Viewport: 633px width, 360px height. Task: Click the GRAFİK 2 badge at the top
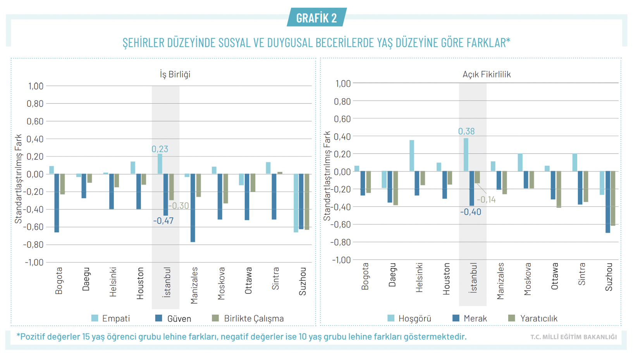[x=316, y=18]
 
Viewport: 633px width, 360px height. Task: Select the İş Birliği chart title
[x=175, y=74]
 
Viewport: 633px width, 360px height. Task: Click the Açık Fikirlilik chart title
[x=487, y=74]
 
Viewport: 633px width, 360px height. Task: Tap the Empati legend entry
[x=111, y=319]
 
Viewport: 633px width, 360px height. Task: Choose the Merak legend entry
[x=470, y=319]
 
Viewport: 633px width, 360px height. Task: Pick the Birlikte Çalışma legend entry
[x=248, y=319]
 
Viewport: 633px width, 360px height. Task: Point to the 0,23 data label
[x=160, y=149]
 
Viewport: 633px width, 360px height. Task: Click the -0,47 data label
[x=163, y=221]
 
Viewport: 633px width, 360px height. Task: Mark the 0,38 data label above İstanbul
[x=466, y=131]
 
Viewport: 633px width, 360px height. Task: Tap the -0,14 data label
[x=486, y=200]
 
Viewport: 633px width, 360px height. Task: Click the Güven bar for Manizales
[x=193, y=208]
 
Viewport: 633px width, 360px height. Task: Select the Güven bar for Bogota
[x=57, y=203]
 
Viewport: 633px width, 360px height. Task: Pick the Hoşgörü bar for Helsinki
[x=412, y=156]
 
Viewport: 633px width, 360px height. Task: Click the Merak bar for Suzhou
[x=608, y=202]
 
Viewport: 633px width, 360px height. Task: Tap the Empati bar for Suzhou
[x=296, y=203]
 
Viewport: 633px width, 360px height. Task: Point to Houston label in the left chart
[x=140, y=283]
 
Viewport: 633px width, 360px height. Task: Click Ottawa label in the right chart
[x=554, y=276]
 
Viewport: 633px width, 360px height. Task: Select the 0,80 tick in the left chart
[x=35, y=104]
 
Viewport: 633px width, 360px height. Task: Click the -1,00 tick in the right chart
[x=341, y=260]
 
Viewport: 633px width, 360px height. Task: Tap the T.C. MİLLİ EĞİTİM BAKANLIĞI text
[x=573, y=337]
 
